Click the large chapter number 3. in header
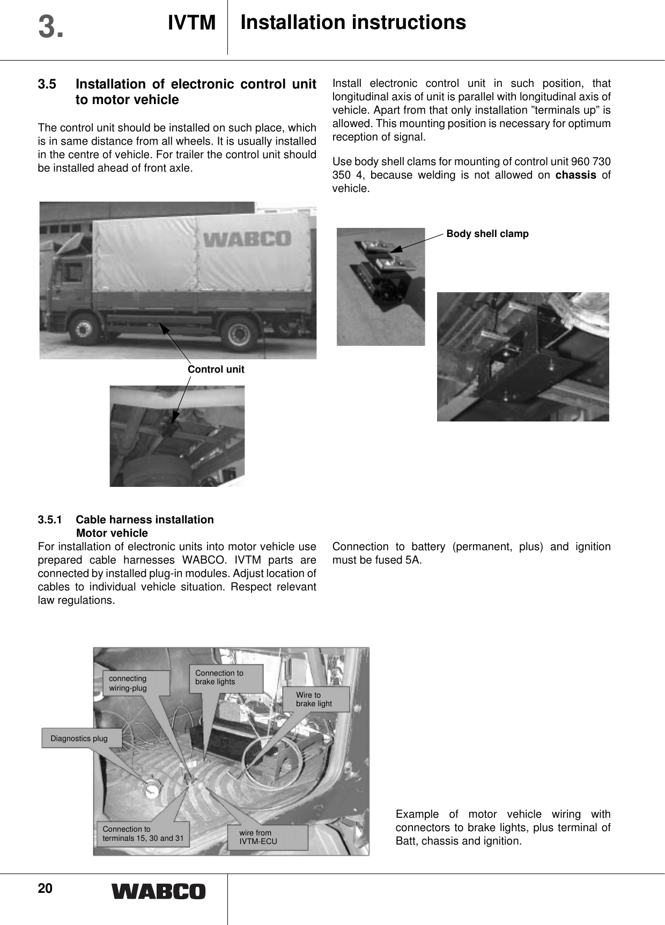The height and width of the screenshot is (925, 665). (x=51, y=27)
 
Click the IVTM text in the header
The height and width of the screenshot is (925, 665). (x=191, y=23)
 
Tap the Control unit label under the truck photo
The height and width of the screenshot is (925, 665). (x=216, y=369)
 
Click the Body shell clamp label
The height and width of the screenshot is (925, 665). (x=487, y=234)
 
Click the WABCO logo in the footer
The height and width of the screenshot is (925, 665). (x=158, y=891)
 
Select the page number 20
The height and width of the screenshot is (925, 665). (x=45, y=889)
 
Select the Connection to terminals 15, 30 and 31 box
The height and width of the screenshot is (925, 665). (x=143, y=833)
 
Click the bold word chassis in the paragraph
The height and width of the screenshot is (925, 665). (x=575, y=175)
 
